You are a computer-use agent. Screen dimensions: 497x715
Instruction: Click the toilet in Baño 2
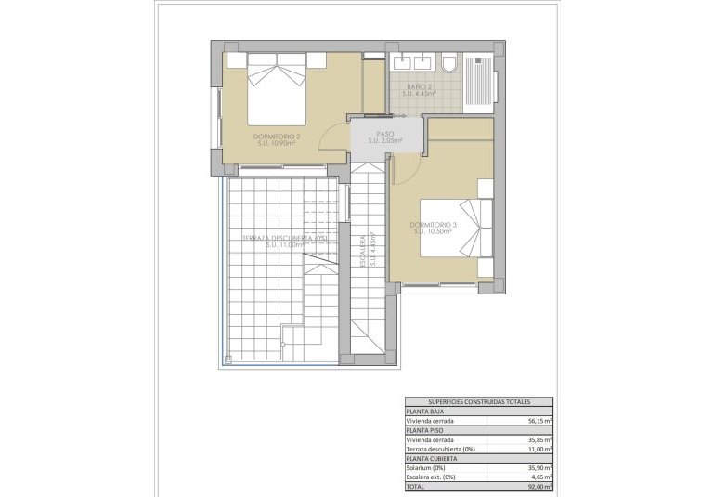point(448,64)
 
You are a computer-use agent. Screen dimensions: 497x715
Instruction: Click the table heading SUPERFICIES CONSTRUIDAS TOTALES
point(479,402)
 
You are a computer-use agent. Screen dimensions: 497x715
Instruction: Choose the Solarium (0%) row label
point(427,467)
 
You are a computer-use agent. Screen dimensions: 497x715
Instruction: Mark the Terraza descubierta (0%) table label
point(440,449)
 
